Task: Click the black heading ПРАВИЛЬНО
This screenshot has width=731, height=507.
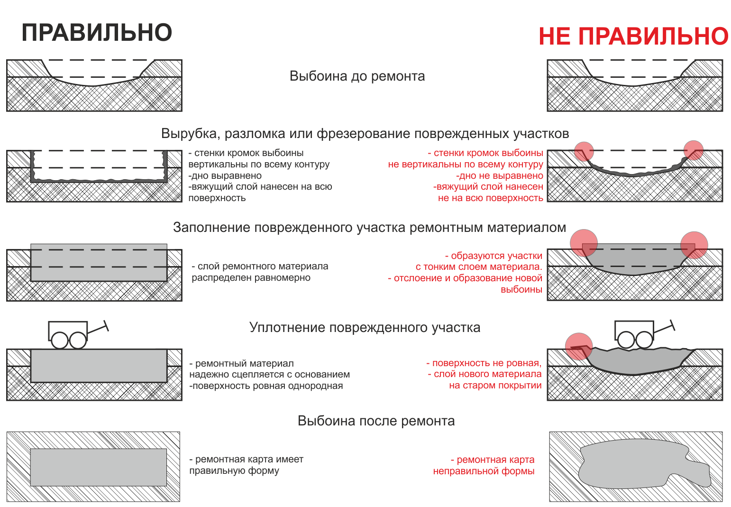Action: (97, 33)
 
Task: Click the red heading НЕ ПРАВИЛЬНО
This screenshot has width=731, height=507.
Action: (634, 36)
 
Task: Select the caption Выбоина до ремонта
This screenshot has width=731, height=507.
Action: (357, 76)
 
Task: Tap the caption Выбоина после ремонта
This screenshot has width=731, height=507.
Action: (376, 421)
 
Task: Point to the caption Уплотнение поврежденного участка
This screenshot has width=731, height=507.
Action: (365, 327)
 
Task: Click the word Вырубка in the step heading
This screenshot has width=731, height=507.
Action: (190, 134)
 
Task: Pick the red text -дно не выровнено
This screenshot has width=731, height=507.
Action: (499, 175)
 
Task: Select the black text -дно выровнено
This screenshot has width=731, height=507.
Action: (225, 175)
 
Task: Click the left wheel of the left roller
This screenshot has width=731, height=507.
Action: (59, 341)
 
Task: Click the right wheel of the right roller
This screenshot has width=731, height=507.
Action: (644, 340)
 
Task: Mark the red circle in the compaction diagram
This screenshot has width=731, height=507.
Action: (579, 346)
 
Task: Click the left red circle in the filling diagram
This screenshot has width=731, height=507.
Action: (584, 243)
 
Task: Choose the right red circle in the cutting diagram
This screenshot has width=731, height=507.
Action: (694, 150)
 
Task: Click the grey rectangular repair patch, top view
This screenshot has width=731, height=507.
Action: (99, 467)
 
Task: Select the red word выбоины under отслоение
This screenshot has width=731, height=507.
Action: (521, 290)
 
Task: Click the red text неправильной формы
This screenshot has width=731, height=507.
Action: (484, 471)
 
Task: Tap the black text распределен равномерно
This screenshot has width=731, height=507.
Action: (251, 278)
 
